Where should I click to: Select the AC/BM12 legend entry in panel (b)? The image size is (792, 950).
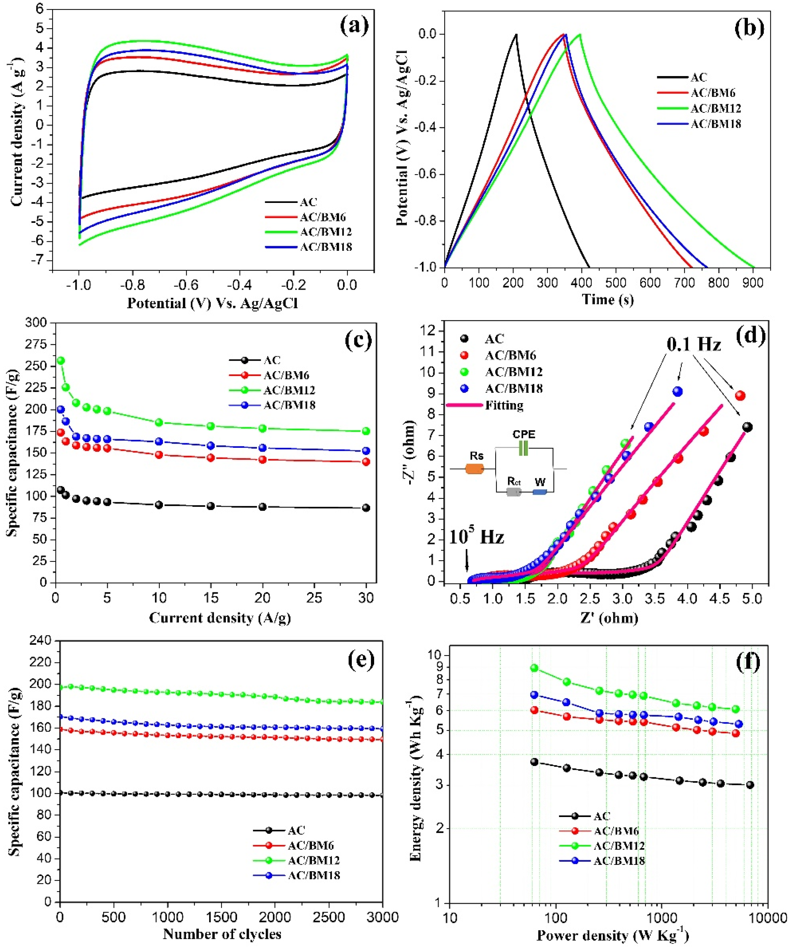715,108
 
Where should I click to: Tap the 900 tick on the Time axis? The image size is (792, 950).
753,283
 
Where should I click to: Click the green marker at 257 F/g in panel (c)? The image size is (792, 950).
61,360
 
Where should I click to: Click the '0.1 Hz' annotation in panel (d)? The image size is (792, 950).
694,344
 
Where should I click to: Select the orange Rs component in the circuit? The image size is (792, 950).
474,469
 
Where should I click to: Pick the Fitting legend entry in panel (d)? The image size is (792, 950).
504,405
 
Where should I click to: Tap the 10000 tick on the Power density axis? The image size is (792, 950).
767,918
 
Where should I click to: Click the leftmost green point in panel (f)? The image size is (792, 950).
534,668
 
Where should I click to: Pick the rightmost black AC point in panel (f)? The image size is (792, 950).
749,785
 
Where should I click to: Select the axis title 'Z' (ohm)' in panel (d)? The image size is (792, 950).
609,618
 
